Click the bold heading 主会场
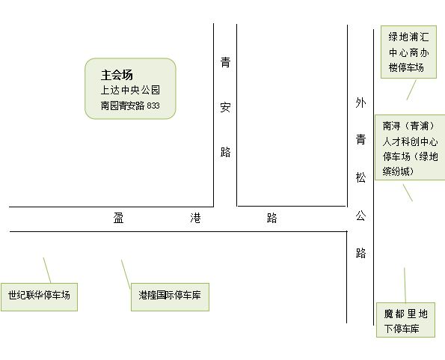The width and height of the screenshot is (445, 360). tap(117, 75)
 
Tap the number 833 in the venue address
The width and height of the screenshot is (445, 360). tap(153, 106)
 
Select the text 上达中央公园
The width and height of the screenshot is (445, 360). tap(130, 90)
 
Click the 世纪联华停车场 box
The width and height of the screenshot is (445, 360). tap(39, 297)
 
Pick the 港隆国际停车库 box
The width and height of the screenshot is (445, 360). tap(170, 297)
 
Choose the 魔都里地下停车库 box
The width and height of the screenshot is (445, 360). tap(405, 320)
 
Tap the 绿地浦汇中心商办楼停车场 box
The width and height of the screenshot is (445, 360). tap(408, 52)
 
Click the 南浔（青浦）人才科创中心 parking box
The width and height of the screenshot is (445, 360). tap(410, 147)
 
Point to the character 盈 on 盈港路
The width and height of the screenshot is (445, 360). tap(118, 218)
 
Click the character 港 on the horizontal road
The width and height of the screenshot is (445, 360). tap(195, 218)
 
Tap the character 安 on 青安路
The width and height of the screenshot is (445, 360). tap(225, 107)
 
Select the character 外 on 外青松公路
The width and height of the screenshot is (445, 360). tap(360, 103)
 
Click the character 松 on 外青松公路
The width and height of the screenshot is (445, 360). tap(360, 177)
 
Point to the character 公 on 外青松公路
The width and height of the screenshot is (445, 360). tap(360, 216)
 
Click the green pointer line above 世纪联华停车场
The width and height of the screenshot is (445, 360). tap(47, 270)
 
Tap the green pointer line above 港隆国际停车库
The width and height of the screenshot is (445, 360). tap(126, 274)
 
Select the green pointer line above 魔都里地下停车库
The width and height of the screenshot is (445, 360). tap(405, 285)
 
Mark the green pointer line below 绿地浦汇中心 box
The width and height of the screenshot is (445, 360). tap(411, 90)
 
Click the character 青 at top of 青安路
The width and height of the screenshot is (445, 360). tap(225, 62)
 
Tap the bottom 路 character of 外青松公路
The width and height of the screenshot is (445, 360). tap(360, 253)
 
